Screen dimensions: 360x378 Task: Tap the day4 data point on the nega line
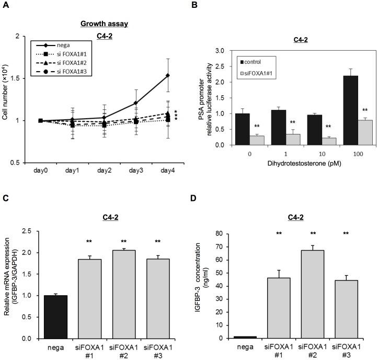[x=168, y=75]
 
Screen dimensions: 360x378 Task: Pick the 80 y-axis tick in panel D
[x=222, y=230]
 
